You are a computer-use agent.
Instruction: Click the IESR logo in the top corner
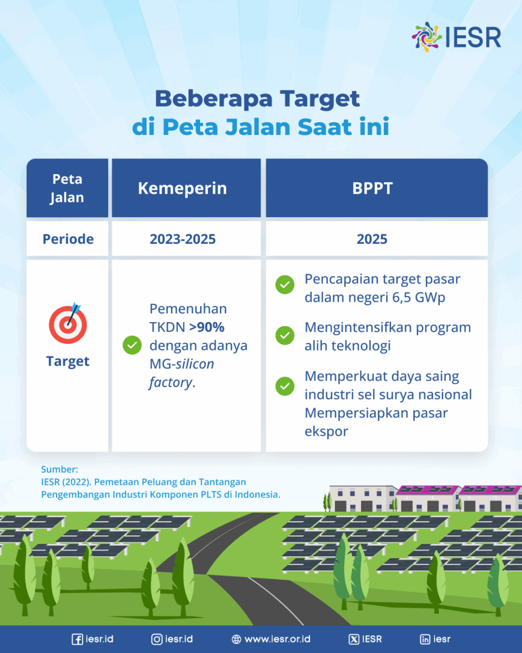pos(456,37)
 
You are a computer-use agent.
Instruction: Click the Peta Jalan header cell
pos(67,188)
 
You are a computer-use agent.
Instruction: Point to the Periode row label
pos(68,239)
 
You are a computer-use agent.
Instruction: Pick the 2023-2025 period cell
pos(183,239)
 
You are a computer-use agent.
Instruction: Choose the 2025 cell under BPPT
pos(372,239)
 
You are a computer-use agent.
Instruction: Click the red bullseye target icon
pos(68,323)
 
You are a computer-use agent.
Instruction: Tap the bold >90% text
pos(207,327)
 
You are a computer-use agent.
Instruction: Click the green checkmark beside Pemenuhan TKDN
pos(132,345)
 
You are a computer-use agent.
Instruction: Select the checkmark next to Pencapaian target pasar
pos(285,285)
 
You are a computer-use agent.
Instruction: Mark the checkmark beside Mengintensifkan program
pos(285,335)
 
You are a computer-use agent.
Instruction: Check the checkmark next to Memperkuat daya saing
pos(285,386)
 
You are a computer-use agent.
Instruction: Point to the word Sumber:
pos(60,470)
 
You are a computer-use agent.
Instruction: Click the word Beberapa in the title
pos(214,98)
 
